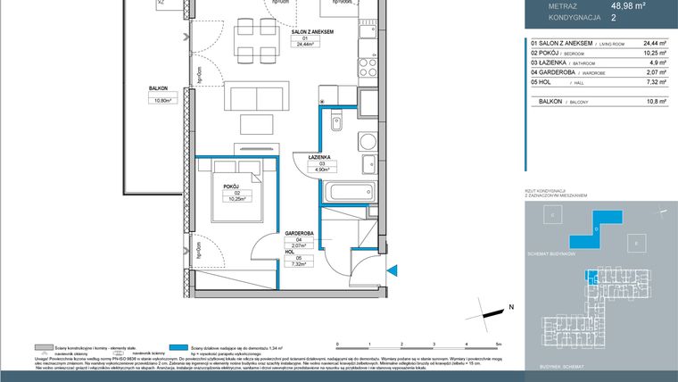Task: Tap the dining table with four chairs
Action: coord(252,39)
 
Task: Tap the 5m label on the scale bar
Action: coord(500,343)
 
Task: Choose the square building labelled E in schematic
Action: coord(635,244)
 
